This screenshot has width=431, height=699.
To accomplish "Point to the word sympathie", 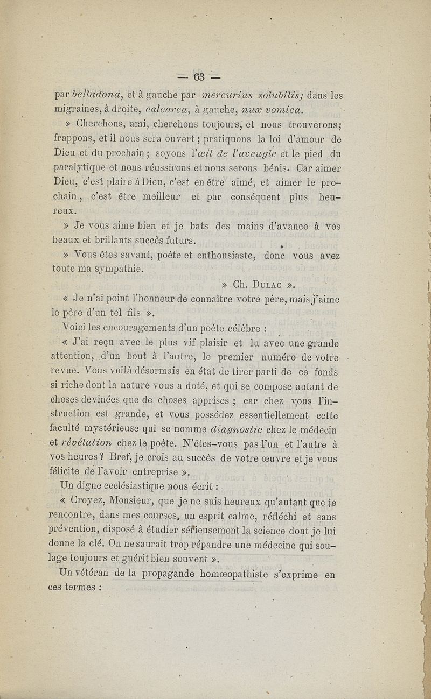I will (117, 268).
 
